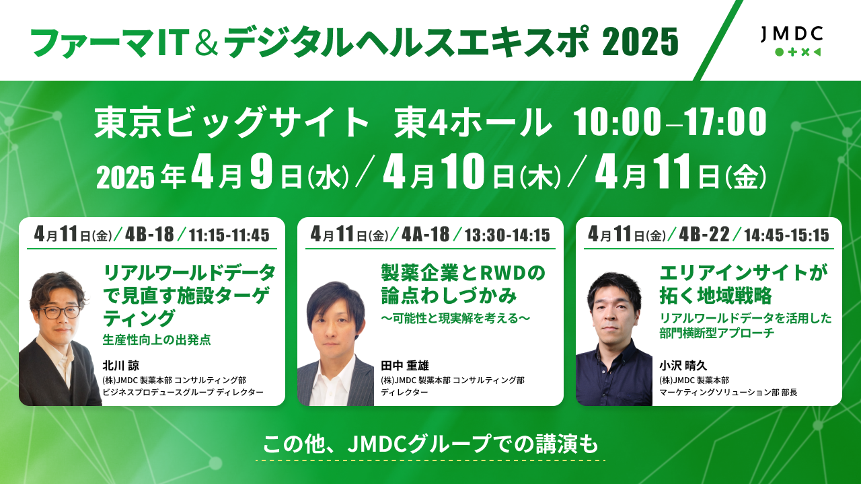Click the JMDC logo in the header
point(792,42)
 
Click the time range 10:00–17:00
point(670,122)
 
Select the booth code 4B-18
point(149,234)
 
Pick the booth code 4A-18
point(426,234)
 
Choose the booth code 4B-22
point(704,234)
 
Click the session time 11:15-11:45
point(229,235)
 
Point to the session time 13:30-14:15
point(507,235)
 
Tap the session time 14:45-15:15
point(786,235)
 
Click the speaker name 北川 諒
point(120,365)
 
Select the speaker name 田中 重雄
point(405,365)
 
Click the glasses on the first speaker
point(60,312)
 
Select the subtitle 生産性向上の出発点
point(157,340)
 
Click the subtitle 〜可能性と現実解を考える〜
point(455,318)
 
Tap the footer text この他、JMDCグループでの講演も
point(430,444)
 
